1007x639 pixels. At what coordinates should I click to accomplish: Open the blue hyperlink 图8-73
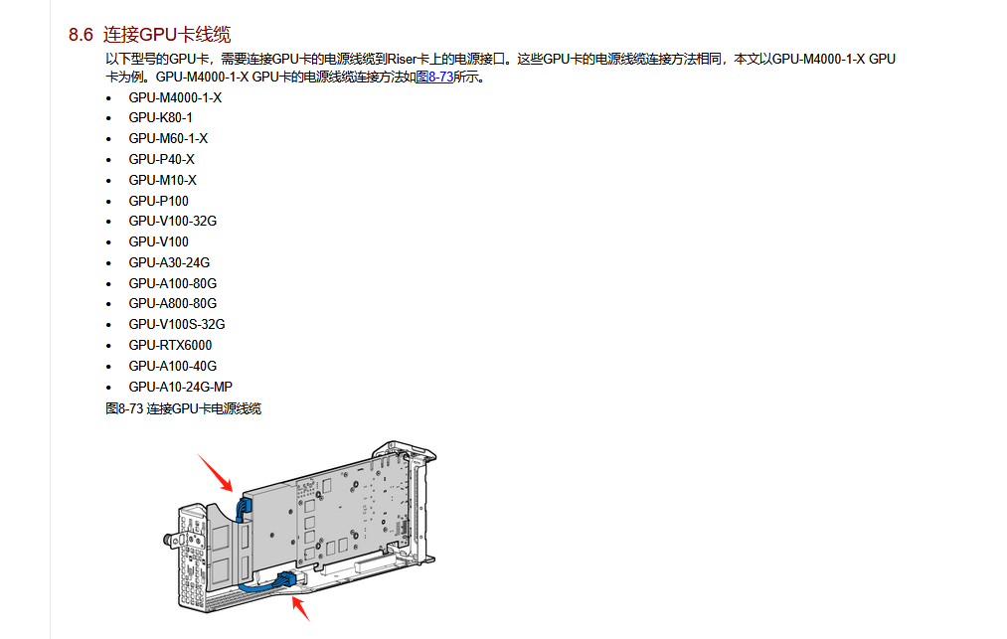coord(433,77)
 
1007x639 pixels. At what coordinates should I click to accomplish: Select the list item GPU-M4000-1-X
coord(175,97)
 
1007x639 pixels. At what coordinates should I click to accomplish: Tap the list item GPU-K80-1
coord(160,117)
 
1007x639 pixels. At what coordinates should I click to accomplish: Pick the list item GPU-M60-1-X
coord(168,138)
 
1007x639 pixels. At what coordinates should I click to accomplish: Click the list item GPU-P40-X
coord(161,159)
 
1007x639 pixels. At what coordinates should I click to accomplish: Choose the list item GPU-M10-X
coord(162,180)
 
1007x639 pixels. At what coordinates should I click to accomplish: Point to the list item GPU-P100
coord(158,201)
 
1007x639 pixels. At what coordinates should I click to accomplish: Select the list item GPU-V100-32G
coord(172,221)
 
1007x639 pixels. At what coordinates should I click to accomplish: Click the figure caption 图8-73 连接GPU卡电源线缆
coord(183,408)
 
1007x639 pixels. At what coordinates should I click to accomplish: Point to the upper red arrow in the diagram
coord(216,471)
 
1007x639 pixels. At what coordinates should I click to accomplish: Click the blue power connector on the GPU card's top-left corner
coord(243,508)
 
